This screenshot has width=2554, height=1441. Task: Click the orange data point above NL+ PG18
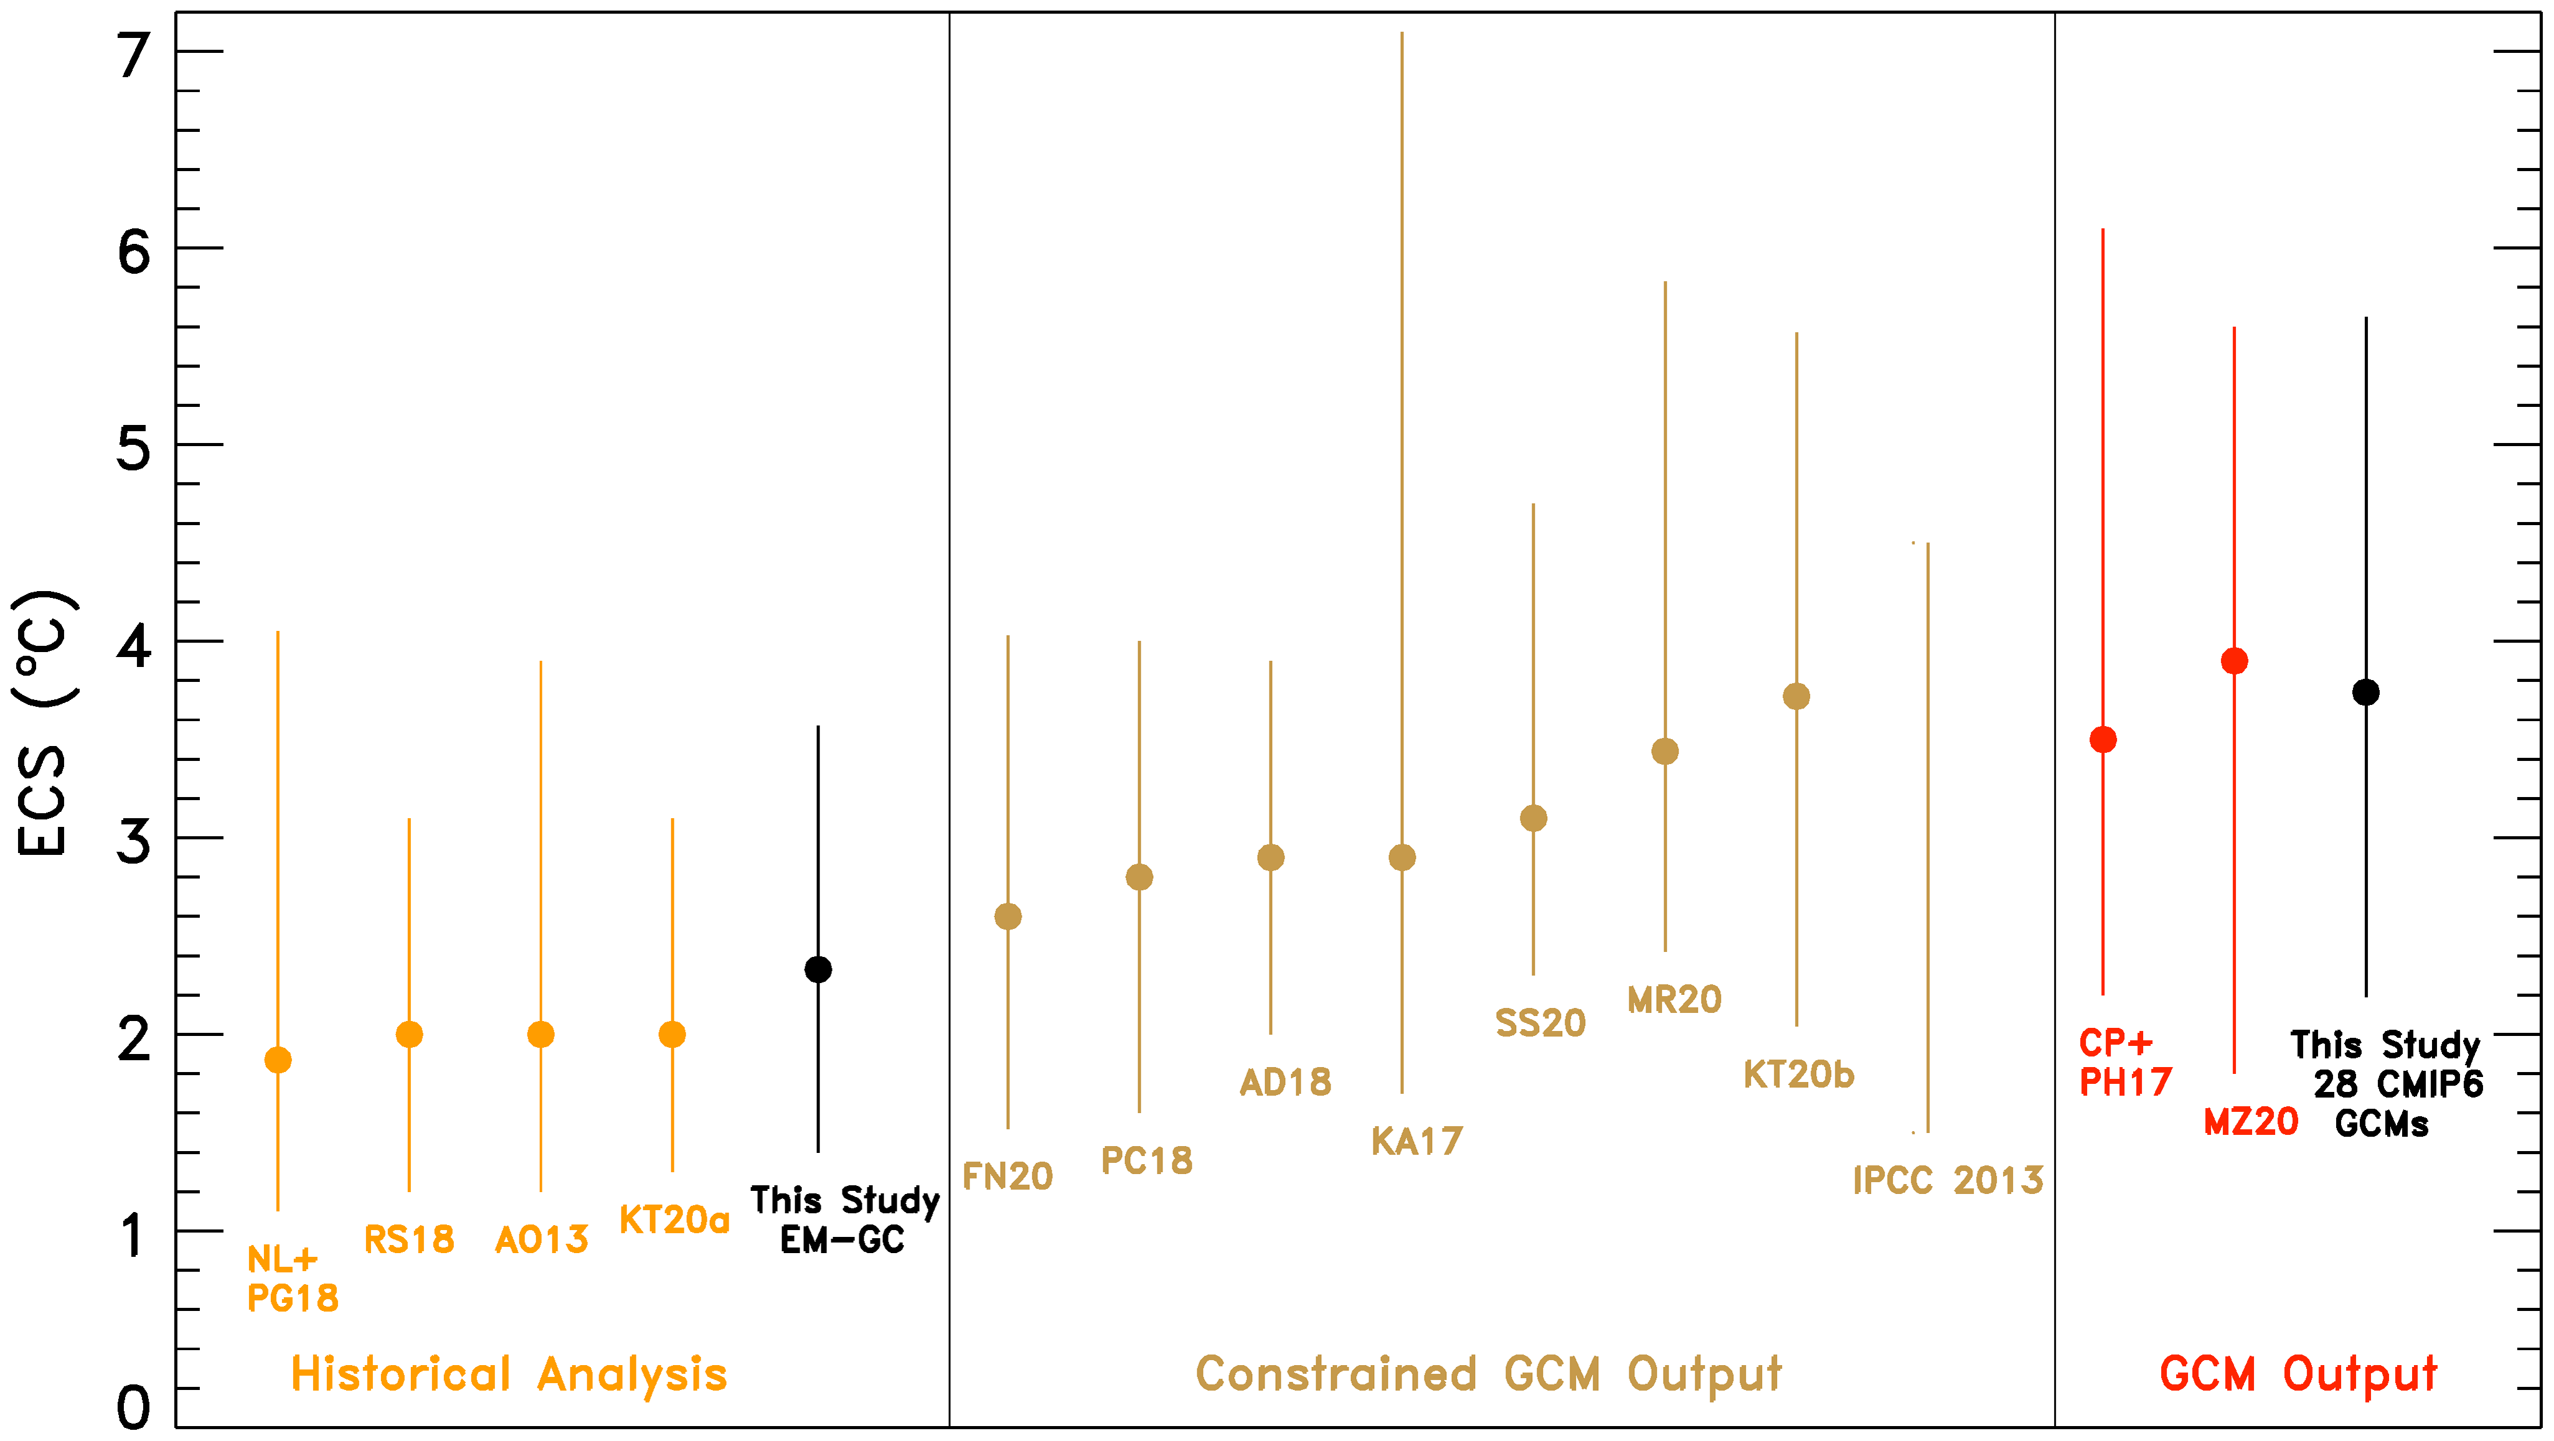click(x=278, y=1060)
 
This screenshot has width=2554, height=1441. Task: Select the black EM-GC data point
click(x=818, y=969)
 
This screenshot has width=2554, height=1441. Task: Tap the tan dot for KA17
click(x=1402, y=857)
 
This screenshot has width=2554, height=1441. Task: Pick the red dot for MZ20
click(x=2234, y=661)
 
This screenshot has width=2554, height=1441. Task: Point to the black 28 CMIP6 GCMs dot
click(x=2365, y=692)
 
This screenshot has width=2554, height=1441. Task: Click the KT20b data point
click(x=1796, y=697)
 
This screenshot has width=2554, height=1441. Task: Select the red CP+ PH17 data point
click(x=2103, y=739)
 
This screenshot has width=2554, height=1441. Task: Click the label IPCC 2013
click(x=1948, y=1180)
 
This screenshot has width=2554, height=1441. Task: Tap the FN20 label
click(x=1007, y=1177)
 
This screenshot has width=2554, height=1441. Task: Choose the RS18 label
click(x=408, y=1239)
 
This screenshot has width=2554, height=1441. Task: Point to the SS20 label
click(x=1540, y=1023)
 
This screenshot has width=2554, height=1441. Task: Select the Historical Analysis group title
click(x=509, y=1374)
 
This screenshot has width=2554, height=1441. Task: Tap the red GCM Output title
click(x=2297, y=1374)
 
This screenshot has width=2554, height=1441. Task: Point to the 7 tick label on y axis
click(x=134, y=55)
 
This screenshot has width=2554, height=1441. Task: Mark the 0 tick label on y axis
click(x=134, y=1407)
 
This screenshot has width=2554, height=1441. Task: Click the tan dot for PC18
click(x=1139, y=877)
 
